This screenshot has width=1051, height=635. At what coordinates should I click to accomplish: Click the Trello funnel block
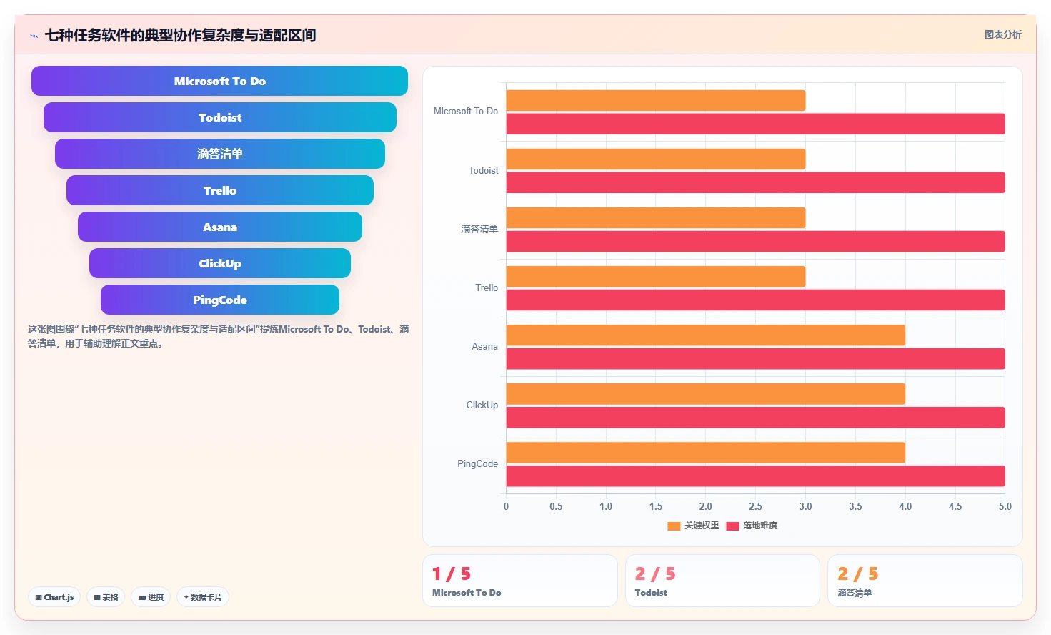click(x=219, y=190)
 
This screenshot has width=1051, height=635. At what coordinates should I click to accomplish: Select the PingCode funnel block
click(x=219, y=300)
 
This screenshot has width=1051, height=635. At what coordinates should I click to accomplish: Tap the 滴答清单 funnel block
click(x=219, y=154)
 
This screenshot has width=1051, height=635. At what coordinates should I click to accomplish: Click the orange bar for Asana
click(x=706, y=335)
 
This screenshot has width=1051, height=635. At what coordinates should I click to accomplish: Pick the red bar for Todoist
click(x=755, y=182)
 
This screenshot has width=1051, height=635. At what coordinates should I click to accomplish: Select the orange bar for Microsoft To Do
click(x=656, y=101)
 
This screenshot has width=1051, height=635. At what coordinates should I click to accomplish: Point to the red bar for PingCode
click(x=755, y=476)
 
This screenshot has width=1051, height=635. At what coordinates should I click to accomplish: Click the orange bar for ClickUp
click(x=706, y=393)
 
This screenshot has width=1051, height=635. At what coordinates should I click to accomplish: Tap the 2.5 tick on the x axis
click(x=755, y=506)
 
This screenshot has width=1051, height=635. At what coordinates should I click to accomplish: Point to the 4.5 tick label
click(x=955, y=506)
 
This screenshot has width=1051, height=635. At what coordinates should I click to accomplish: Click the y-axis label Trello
click(x=487, y=287)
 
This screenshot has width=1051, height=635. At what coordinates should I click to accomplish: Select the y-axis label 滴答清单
click(x=479, y=229)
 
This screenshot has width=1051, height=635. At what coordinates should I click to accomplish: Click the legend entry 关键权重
click(x=694, y=526)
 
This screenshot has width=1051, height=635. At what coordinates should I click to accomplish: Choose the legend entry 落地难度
click(x=752, y=526)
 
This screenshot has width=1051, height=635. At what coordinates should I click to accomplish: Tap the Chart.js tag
click(x=54, y=597)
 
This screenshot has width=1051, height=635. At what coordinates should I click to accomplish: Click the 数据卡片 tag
click(x=203, y=597)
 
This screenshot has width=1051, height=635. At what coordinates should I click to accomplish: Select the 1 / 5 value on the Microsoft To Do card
click(x=452, y=574)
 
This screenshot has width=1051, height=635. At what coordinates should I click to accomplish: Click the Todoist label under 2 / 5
click(x=651, y=593)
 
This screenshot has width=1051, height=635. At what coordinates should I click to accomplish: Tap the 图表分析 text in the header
click(x=1002, y=34)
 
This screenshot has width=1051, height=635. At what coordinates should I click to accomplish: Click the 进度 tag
click(x=151, y=597)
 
